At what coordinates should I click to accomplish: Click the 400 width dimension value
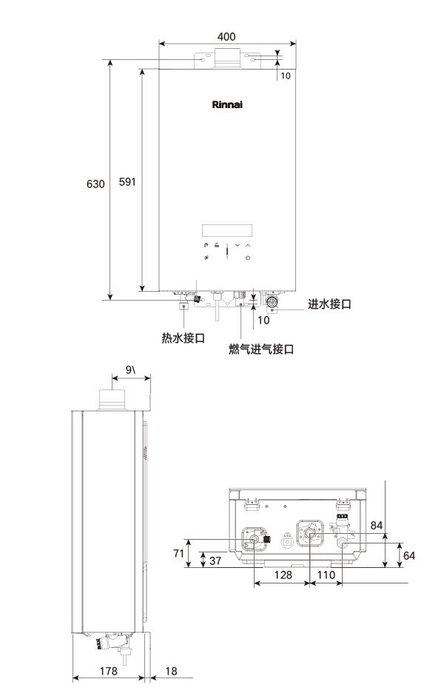pos(228,36)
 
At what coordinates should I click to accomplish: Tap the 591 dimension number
pos(127,183)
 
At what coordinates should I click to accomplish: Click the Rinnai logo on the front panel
pos(227,104)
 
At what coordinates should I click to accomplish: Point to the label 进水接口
pos(329,304)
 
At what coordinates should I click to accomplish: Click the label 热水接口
pos(183,338)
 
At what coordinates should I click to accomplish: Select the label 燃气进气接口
pos(261,349)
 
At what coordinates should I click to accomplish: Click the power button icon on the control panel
pos(248,258)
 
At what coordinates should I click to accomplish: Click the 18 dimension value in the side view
pos(172,670)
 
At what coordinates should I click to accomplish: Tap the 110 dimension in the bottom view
pos(326,574)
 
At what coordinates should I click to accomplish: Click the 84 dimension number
pos(377,525)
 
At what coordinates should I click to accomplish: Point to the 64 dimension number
pos(409,555)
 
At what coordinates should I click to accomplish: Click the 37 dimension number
pos(215,561)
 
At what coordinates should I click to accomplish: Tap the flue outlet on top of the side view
pos(112,400)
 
